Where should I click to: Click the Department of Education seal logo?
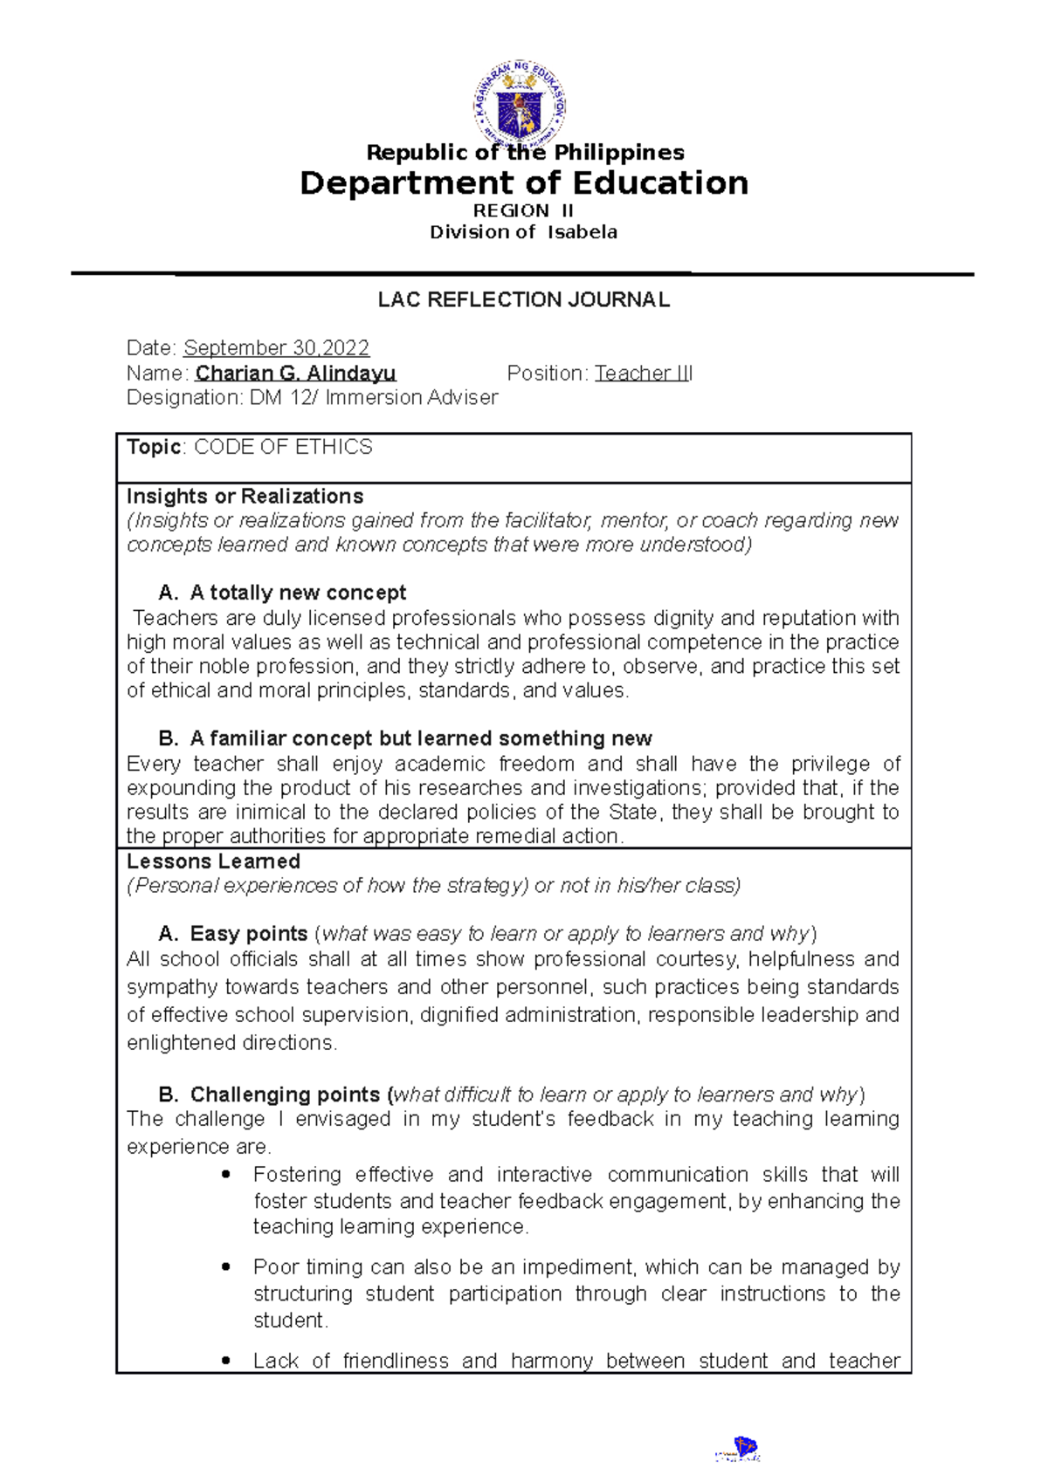pyautogui.click(x=521, y=104)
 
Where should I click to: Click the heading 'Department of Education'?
pyautogui.click(x=524, y=183)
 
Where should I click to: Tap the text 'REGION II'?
pyautogui.click(x=523, y=210)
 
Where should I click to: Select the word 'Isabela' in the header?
pyautogui.click(x=583, y=232)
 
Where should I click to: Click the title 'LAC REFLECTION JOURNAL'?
pyautogui.click(x=524, y=300)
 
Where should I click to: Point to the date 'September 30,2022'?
pyautogui.click(x=276, y=348)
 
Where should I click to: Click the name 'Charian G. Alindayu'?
pyautogui.click(x=295, y=374)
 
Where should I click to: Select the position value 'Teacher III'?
pyautogui.click(x=644, y=374)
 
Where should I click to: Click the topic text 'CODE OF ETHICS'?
pyautogui.click(x=283, y=447)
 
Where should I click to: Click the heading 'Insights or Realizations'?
pyautogui.click(x=245, y=497)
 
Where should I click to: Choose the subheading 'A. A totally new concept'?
pyautogui.click(x=282, y=593)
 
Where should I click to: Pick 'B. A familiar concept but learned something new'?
pyautogui.click(x=405, y=738)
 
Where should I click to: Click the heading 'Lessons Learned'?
pyautogui.click(x=213, y=861)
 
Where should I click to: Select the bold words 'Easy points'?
pyautogui.click(x=248, y=934)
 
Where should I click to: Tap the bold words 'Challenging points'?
pyautogui.click(x=285, y=1094)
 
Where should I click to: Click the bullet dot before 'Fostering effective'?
pyautogui.click(x=226, y=1175)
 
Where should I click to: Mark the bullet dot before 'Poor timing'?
pyautogui.click(x=226, y=1266)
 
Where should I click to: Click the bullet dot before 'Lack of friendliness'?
pyautogui.click(x=226, y=1361)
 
